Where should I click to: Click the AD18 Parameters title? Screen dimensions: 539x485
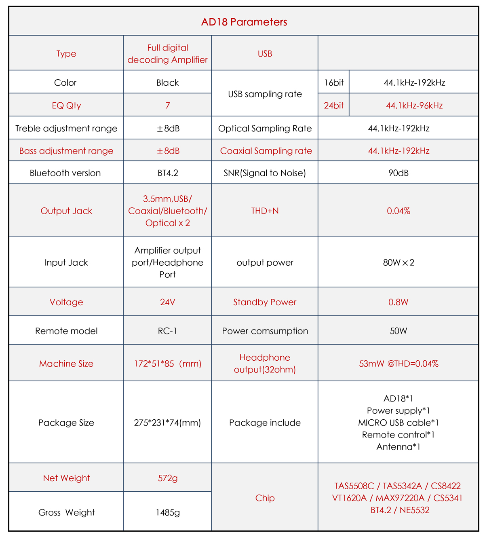pos(244,22)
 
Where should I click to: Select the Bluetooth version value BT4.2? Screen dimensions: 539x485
pos(168,173)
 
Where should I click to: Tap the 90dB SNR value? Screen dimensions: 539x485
pos(399,173)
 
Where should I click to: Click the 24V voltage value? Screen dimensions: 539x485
pos(167,302)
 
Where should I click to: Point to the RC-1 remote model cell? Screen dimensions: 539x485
pos(167,331)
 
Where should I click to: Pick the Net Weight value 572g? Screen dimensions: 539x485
pos(168,478)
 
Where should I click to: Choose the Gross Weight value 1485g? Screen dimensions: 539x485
pos(168,513)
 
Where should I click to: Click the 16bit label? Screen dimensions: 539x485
pos(334,83)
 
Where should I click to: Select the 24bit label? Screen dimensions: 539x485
pos(334,106)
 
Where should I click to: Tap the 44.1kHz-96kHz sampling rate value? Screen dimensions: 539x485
pos(414,106)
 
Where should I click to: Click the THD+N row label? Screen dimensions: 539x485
pos(265,211)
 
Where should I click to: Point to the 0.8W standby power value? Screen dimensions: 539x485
pos(399,302)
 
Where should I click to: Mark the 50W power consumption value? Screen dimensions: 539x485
pos(399,331)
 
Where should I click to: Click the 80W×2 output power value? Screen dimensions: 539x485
pos(399,262)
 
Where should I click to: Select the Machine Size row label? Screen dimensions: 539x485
pos(66,364)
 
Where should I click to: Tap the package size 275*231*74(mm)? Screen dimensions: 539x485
pos(167,423)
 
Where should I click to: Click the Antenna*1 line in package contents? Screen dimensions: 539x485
pos(399,447)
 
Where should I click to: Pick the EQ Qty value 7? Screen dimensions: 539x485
pos(168,106)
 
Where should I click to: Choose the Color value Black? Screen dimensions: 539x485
pos(168,83)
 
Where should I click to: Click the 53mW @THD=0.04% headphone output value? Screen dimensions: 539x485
pos(399,364)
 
